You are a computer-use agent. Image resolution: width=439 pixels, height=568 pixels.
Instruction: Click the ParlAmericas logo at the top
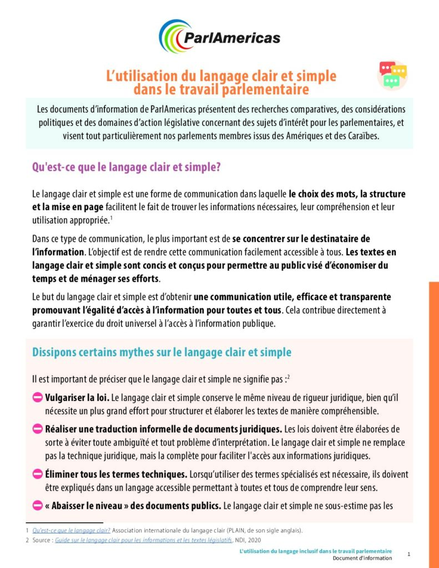point(219,37)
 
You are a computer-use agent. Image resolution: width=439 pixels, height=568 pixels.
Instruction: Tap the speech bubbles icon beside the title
point(393,74)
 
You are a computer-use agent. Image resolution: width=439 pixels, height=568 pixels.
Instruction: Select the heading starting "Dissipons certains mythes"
point(162,352)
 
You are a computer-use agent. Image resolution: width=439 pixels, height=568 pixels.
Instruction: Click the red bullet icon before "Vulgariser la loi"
point(38,398)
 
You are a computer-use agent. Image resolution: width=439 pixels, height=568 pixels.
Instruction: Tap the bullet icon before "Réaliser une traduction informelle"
point(38,429)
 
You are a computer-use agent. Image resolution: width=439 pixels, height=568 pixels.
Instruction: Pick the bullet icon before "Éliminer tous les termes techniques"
point(38,474)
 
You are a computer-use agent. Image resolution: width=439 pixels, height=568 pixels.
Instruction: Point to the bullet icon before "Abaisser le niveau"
point(38,505)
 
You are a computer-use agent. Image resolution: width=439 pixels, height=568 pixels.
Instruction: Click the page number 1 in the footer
point(409,554)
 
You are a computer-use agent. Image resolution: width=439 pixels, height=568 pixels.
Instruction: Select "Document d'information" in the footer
point(362,558)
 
